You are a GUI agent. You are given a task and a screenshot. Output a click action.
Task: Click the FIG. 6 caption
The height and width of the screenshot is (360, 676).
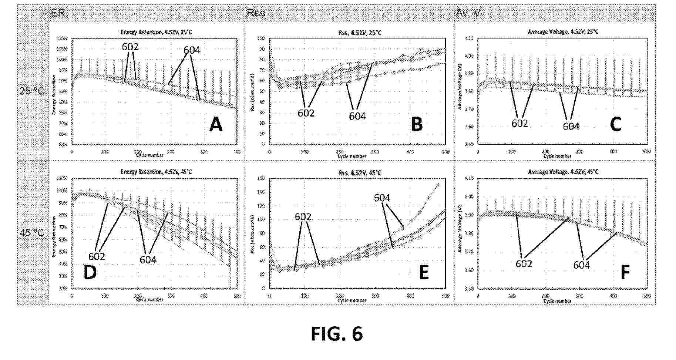pyautogui.click(x=337, y=334)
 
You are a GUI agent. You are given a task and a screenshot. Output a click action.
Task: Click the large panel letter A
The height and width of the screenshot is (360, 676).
pyautogui.click(x=216, y=125)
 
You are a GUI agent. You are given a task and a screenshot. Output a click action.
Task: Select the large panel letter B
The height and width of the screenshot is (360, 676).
pyautogui.click(x=417, y=124)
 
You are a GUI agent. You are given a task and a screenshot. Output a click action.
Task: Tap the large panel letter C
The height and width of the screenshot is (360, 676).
pyautogui.click(x=615, y=124)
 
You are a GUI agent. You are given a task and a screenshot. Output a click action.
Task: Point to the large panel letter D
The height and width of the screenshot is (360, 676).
pyautogui.click(x=90, y=272)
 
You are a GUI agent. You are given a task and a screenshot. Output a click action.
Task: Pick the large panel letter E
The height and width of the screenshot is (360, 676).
pyautogui.click(x=424, y=273)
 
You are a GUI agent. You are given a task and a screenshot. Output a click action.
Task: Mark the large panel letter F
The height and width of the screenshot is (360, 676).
pyautogui.click(x=625, y=273)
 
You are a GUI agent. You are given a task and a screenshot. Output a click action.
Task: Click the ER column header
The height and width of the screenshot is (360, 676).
pyautogui.click(x=58, y=13)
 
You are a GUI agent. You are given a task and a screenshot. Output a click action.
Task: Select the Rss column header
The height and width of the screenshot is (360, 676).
pyautogui.click(x=256, y=13)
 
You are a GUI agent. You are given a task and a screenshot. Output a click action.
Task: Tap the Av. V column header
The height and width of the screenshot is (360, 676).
pyautogui.click(x=468, y=13)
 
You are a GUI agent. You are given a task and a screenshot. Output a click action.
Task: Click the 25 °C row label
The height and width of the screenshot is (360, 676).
pyautogui.click(x=32, y=91)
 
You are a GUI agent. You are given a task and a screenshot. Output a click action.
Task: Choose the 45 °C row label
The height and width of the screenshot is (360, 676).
pyautogui.click(x=32, y=233)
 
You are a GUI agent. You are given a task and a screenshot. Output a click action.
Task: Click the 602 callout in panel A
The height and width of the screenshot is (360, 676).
pyautogui.click(x=130, y=47)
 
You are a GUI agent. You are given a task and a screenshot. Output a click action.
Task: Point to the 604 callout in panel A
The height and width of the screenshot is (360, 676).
pyautogui.click(x=192, y=50)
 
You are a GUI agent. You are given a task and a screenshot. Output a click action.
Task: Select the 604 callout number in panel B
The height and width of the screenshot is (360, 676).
pyautogui.click(x=357, y=116)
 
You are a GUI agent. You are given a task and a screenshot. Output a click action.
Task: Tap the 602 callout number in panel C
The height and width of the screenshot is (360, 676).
pyautogui.click(x=519, y=124)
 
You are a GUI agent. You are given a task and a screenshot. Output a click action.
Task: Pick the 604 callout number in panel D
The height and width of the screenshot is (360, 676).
pyautogui.click(x=148, y=260)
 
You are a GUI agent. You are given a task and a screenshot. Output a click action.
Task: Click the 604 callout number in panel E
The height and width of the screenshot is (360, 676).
pyautogui.click(x=382, y=198)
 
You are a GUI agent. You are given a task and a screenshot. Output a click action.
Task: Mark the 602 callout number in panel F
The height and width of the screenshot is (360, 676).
pyautogui.click(x=524, y=263)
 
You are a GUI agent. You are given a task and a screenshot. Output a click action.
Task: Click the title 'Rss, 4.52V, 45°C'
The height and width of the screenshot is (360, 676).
pyautogui.click(x=357, y=172)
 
